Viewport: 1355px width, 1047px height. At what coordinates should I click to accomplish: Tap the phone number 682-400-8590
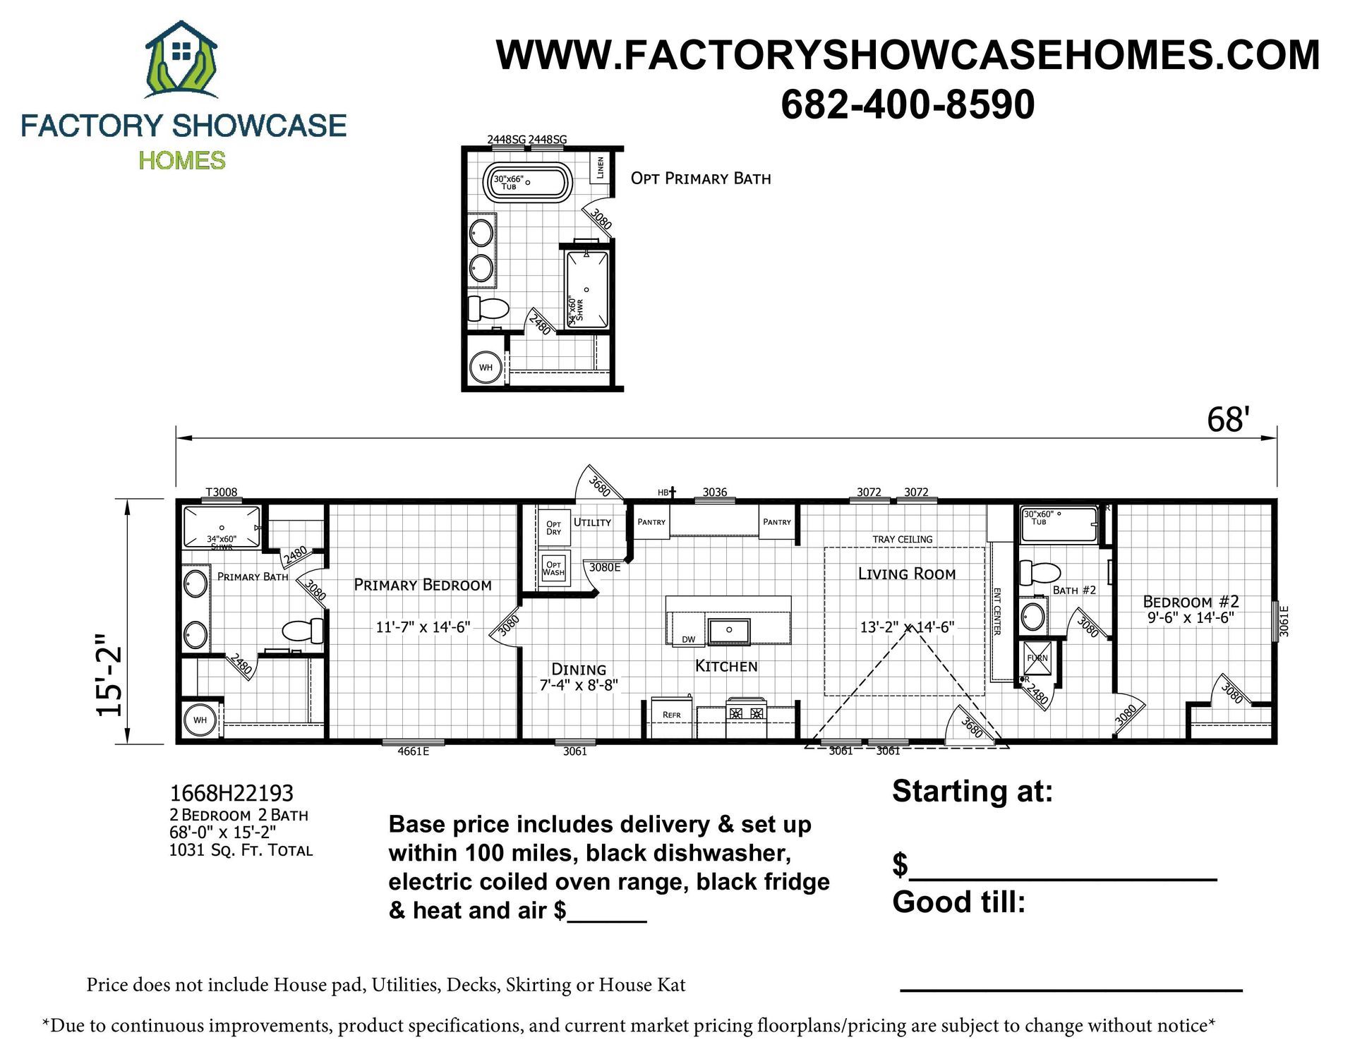(908, 104)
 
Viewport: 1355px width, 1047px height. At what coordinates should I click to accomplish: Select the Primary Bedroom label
(423, 585)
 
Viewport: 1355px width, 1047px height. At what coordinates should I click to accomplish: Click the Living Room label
(907, 574)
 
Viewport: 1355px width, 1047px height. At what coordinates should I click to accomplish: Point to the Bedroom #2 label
(1191, 602)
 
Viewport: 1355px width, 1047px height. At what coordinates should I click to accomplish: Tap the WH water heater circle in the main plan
(200, 720)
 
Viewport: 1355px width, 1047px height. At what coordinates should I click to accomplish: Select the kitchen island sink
(729, 630)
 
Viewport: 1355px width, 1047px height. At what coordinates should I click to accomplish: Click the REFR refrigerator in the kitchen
(672, 716)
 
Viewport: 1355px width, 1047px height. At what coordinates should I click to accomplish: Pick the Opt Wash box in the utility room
(554, 568)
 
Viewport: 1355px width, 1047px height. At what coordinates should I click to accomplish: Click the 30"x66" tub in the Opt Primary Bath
(526, 183)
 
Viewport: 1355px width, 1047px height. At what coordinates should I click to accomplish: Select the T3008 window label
(222, 492)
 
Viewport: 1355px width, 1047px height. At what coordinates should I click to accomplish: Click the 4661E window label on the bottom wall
(414, 751)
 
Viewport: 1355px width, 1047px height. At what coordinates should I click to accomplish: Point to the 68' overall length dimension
(1229, 420)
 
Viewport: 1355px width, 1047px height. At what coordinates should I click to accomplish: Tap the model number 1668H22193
(231, 794)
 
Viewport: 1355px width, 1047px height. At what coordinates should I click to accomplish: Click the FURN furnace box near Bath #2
(1037, 658)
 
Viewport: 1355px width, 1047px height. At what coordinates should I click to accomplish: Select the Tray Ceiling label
(903, 540)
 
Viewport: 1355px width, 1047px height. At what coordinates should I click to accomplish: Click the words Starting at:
(972, 792)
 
